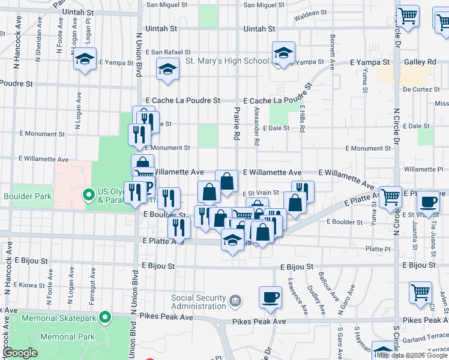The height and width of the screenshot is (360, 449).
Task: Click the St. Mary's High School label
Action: (227, 61)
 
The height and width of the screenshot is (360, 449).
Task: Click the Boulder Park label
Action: (28, 196)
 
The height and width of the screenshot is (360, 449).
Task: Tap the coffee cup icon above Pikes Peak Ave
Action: (270, 297)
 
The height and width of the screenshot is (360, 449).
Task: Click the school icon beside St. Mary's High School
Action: (282, 53)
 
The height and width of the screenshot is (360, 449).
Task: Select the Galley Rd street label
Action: (423, 62)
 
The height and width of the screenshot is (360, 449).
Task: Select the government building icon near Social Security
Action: (235, 299)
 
